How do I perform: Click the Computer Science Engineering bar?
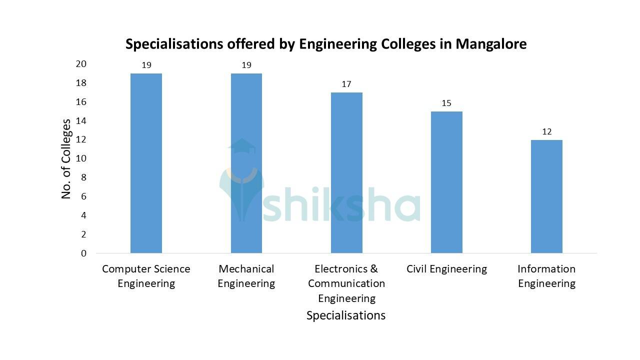146,163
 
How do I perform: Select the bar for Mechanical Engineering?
246,163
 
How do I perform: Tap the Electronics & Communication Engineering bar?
346,172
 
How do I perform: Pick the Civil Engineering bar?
446,182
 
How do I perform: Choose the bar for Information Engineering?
546,196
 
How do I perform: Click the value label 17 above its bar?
346,84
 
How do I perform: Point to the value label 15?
446,103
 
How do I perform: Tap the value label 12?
546,131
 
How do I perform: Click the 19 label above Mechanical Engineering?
246,65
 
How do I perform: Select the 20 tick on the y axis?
81,64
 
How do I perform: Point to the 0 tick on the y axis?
83,253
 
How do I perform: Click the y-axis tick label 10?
81,158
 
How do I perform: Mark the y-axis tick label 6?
83,196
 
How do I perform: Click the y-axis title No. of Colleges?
66,158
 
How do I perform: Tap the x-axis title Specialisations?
346,315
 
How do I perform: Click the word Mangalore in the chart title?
490,44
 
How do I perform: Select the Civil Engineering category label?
446,269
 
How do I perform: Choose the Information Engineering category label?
546,276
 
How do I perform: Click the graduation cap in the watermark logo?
242,145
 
